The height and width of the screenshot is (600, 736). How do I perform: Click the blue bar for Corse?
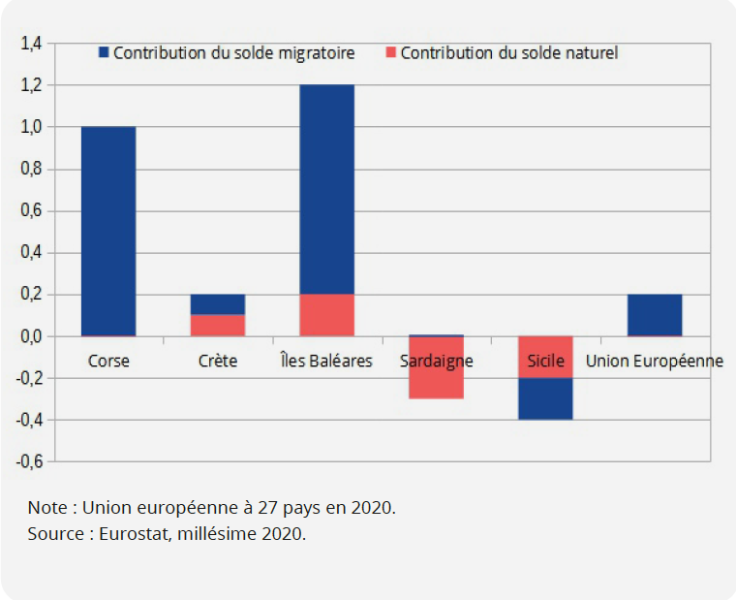point(108,231)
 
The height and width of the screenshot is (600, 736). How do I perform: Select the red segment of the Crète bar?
point(217,325)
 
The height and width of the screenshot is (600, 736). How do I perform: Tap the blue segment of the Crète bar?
point(217,304)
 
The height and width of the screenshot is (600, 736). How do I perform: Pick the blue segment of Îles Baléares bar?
point(326,189)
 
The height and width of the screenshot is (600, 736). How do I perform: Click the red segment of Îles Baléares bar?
point(326,315)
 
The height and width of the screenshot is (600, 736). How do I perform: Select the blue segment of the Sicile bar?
point(545,398)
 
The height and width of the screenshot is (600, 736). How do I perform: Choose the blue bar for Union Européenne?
point(655,315)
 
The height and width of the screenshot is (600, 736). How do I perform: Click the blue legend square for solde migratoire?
point(104,52)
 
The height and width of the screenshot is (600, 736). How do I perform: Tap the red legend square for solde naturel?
point(390,52)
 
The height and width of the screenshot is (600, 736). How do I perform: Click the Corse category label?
point(108,362)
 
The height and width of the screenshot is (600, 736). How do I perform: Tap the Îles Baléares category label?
point(326,362)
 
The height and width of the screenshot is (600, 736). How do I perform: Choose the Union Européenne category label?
point(655,362)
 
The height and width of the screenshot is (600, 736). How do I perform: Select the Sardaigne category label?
point(436,362)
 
